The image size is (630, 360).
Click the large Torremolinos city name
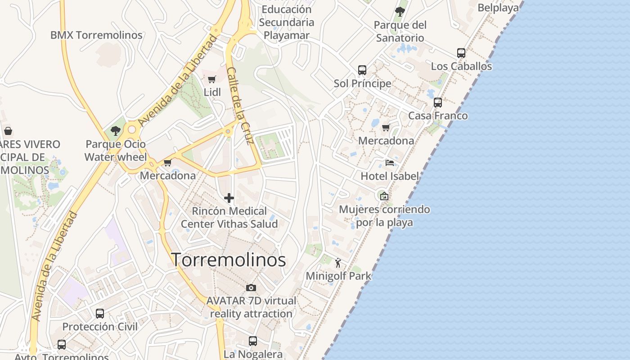coord(229,260)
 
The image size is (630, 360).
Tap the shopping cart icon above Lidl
coord(211,80)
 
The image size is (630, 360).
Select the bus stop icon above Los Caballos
coord(461,53)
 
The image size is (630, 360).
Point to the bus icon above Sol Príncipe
coord(362,70)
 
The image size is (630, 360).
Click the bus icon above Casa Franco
coord(438,103)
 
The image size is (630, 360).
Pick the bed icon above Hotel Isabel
coord(390,162)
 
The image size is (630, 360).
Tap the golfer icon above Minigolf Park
coord(338,263)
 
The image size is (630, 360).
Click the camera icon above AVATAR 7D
coord(251,288)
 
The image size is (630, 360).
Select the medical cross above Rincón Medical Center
coord(229,198)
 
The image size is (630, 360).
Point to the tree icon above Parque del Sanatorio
coord(400,12)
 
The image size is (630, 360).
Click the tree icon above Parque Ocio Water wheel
coord(116,131)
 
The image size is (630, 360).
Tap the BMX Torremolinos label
coord(96,35)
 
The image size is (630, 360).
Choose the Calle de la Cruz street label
coord(242,106)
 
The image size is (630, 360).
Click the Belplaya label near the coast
coord(498,8)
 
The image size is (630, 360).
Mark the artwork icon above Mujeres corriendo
coord(384,196)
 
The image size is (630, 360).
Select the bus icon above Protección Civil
coord(100,314)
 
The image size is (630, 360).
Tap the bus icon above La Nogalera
coord(253,341)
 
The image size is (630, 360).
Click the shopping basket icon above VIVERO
coord(8,131)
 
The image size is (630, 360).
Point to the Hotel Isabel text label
coord(390,176)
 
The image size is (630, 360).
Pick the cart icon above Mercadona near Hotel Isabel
coord(386,128)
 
